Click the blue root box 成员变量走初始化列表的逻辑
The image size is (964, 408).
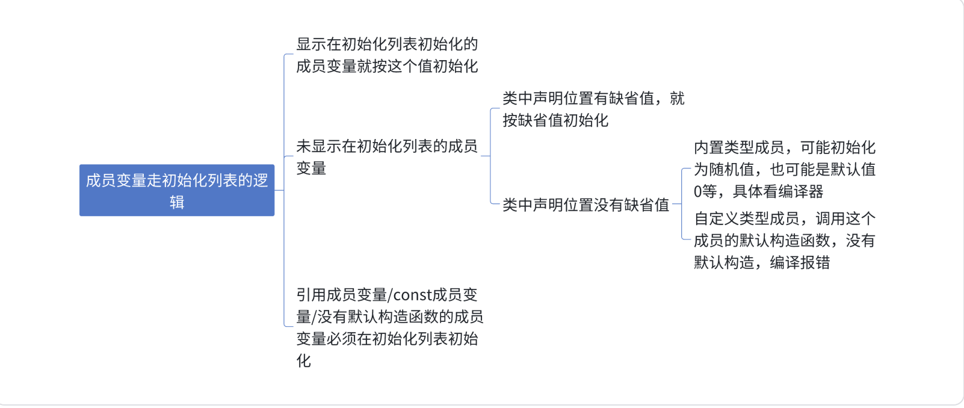177,190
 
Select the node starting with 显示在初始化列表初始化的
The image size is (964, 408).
387,55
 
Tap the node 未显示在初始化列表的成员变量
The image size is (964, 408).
387,156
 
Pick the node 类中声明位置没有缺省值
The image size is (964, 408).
586,205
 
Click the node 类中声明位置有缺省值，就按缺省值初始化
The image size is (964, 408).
593,109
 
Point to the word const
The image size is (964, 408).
412,295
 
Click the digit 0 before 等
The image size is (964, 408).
697,192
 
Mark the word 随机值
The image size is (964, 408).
732,170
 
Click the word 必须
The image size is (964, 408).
342,339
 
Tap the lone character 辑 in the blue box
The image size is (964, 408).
177,202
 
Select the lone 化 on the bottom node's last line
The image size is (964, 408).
303,361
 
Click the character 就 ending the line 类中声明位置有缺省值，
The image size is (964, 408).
677,98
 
